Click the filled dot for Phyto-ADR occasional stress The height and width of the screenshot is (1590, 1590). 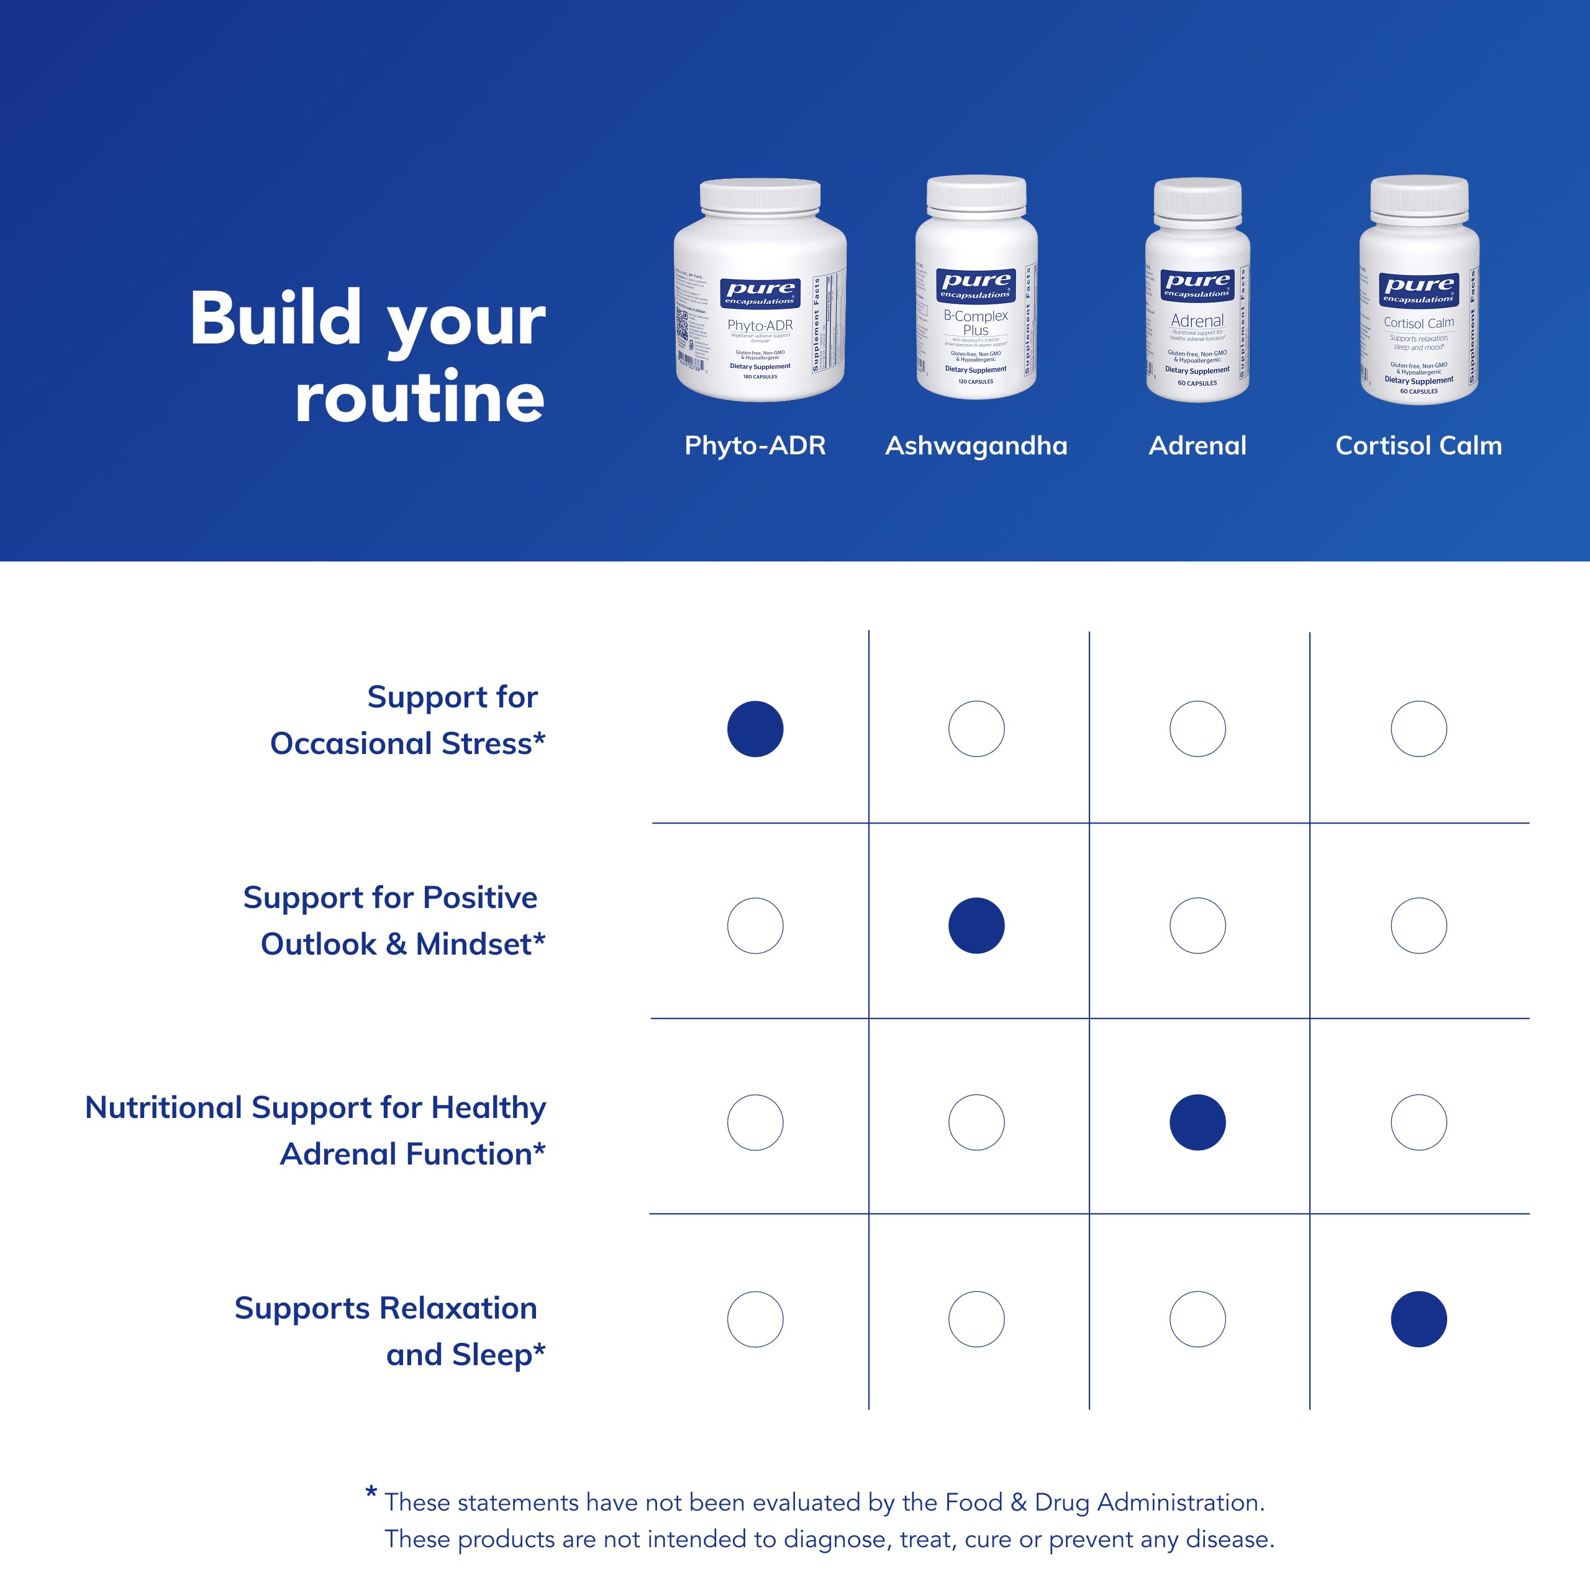point(755,729)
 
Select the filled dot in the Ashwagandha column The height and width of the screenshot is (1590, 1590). point(976,925)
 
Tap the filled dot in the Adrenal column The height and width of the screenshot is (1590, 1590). point(1197,1122)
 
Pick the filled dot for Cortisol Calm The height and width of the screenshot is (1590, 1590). point(1418,1319)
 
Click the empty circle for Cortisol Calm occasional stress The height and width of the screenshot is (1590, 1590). point(1418,729)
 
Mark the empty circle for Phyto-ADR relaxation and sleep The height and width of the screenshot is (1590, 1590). point(755,1319)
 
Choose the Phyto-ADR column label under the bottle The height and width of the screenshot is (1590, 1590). point(755,445)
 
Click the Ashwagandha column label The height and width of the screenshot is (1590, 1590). point(976,445)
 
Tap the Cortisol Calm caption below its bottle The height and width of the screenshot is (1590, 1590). point(1418,445)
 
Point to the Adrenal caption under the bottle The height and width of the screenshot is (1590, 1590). point(1197,445)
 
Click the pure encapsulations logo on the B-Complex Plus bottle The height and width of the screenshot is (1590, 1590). point(976,284)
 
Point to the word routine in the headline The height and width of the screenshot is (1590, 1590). point(420,397)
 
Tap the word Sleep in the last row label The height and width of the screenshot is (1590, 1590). point(492,1354)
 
